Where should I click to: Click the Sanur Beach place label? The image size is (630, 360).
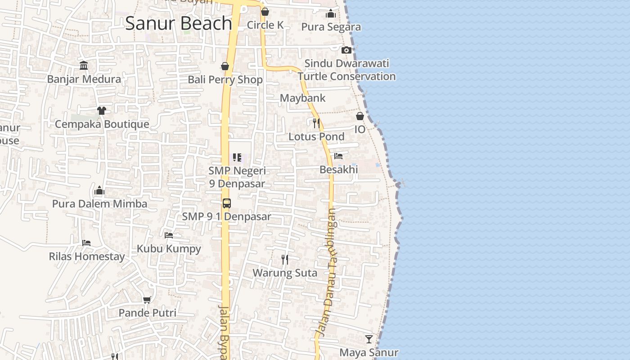[178, 23]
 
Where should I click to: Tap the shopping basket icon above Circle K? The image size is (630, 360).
[265, 12]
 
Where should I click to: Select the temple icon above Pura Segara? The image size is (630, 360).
[331, 13]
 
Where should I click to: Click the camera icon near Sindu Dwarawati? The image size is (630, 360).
[346, 50]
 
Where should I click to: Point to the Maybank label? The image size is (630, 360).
[302, 98]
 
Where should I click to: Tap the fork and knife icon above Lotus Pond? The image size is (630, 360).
[316, 123]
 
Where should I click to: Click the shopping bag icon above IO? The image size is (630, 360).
[360, 116]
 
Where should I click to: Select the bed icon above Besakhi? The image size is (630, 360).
[338, 156]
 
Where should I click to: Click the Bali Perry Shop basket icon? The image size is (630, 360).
[225, 67]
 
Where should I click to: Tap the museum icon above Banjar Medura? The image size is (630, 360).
[84, 66]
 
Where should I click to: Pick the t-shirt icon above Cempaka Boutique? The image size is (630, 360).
[101, 110]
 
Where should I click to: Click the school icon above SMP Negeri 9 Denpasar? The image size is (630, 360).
[237, 157]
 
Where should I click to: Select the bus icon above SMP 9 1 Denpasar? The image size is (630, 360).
[226, 203]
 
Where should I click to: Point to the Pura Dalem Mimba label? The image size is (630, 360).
[99, 204]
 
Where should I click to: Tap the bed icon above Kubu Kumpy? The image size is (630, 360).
[169, 235]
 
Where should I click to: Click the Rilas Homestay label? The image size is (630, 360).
[86, 256]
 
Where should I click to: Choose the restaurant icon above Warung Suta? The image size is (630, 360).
[284, 259]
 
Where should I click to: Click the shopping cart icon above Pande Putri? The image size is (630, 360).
[147, 300]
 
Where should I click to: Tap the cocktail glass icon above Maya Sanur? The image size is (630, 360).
[369, 339]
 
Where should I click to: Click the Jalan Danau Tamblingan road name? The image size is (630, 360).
[328, 272]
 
